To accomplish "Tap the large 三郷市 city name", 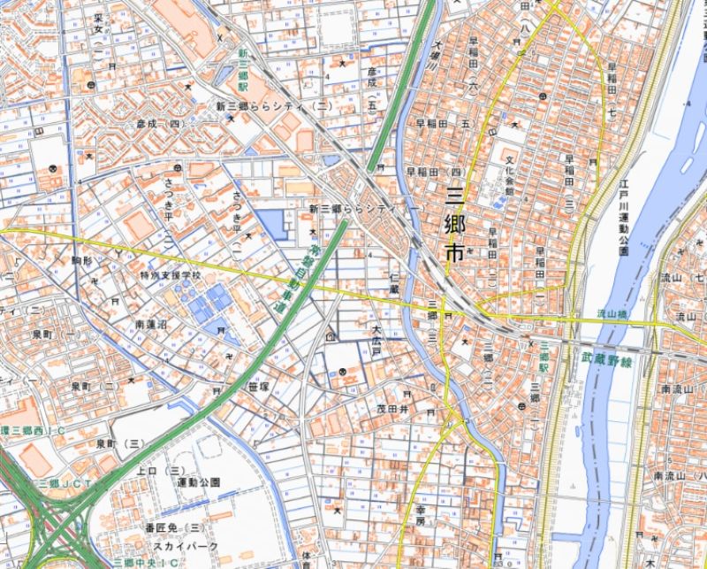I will pyautogui.click(x=454, y=223).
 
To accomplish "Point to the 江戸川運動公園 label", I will pyautogui.click(x=623, y=226).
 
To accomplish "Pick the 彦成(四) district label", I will pyautogui.click(x=160, y=125).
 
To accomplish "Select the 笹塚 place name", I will pyautogui.click(x=258, y=386).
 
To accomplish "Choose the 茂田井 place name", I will pyautogui.click(x=393, y=409).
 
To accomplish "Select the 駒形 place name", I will pyautogui.click(x=82, y=261).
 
